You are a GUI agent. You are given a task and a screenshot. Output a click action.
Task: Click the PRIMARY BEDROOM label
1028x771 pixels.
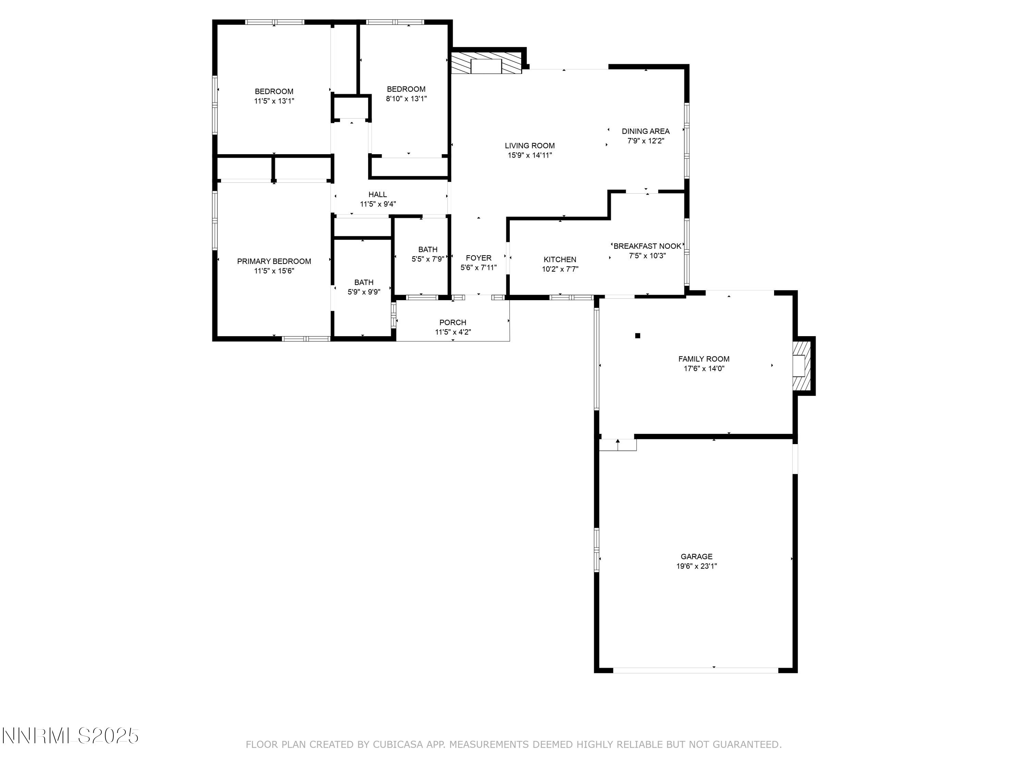pos(274,261)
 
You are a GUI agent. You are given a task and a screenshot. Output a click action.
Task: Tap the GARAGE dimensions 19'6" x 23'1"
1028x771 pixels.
pos(696,566)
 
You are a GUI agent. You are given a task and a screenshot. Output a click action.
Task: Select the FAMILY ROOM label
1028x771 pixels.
pos(703,359)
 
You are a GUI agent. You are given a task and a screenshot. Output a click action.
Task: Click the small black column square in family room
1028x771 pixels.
pos(638,335)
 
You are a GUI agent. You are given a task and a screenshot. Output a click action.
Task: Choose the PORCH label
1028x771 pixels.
pos(453,322)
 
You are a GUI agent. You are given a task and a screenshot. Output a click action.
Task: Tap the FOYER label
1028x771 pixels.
pos(478,258)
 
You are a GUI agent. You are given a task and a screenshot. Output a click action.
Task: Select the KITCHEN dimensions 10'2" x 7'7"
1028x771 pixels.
pos(560,269)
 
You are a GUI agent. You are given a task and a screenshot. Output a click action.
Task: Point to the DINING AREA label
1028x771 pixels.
pos(646,131)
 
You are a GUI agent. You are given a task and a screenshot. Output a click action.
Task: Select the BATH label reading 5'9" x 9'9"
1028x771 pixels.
pos(364,282)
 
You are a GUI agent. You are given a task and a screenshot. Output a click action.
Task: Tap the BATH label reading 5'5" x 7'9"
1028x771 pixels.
pos(428,249)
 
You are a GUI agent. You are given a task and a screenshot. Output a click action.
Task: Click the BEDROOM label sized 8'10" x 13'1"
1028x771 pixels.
pos(406,89)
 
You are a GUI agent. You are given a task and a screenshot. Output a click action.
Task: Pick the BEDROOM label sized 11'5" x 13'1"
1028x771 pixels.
pos(274,91)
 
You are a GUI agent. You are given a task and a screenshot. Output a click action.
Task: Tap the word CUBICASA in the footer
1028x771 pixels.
pos(397,745)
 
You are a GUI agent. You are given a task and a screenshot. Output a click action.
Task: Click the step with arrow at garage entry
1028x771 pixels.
pos(617,444)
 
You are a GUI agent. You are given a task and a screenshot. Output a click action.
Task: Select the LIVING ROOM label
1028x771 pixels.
pos(530,146)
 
